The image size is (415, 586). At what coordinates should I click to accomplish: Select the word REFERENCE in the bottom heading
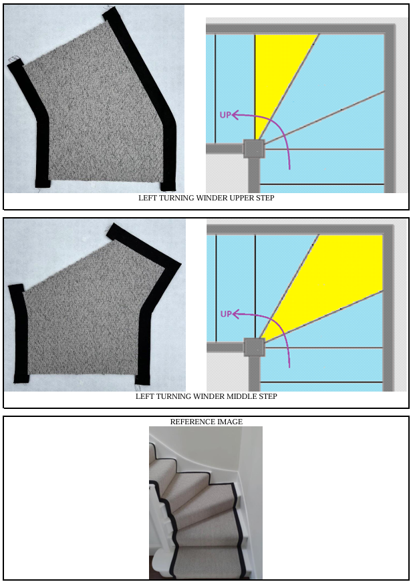[188, 422]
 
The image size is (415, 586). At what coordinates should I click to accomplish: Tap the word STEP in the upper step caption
[265, 198]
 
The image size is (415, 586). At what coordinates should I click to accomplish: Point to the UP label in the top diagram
[225, 115]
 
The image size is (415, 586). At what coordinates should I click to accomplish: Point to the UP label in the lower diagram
[226, 314]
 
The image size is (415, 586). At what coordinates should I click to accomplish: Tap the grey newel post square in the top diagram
[254, 149]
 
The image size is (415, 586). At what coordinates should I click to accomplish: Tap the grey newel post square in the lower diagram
[255, 347]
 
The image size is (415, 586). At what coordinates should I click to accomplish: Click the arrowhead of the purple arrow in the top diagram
[235, 115]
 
